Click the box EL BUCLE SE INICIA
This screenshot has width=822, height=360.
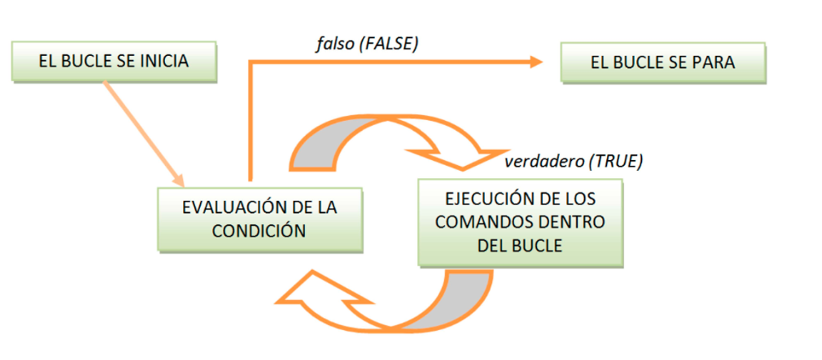pyautogui.click(x=114, y=61)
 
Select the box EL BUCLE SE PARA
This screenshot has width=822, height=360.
pyautogui.click(x=662, y=62)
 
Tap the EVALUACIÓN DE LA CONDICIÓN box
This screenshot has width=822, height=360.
pyautogui.click(x=260, y=218)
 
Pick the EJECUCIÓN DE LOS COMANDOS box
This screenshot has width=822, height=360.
pyautogui.click(x=520, y=222)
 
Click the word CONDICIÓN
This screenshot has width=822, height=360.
pyautogui.click(x=260, y=230)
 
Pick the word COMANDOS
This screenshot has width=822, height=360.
pyautogui.click(x=487, y=222)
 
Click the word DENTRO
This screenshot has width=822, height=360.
pyautogui.click(x=574, y=222)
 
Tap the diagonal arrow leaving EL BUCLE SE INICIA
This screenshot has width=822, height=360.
pyautogui.click(x=142, y=129)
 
